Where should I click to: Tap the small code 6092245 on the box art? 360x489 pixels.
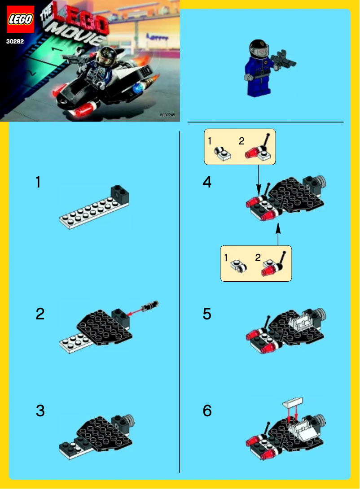tap(167, 115)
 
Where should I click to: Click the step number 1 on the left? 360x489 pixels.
tap(39, 182)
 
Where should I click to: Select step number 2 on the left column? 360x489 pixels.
tap(40, 314)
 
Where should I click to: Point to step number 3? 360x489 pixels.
tap(40, 411)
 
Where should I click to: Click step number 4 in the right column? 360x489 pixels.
tap(207, 182)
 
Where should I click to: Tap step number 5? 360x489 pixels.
tap(207, 314)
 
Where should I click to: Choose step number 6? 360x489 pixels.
tap(207, 411)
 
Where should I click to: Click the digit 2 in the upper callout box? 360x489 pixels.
tap(242, 141)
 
